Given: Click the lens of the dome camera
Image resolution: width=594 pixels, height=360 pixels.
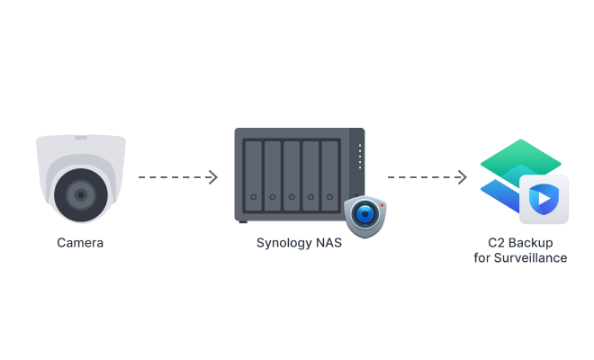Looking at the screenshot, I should [80, 194].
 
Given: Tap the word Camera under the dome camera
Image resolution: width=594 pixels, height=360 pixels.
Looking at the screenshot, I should [80, 242].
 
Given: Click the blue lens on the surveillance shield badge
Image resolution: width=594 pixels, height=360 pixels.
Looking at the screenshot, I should [364, 214].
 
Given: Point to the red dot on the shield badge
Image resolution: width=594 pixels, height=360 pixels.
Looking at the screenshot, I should [381, 204].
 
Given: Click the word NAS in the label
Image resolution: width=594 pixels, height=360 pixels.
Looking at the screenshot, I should [330, 243].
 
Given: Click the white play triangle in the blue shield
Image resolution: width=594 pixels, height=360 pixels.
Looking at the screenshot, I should [544, 198].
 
